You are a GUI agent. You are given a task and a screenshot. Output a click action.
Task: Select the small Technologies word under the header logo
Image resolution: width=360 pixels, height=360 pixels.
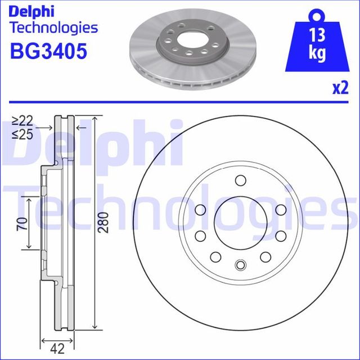tap(54, 28)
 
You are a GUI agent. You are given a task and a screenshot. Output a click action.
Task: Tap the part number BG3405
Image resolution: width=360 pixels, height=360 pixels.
tap(49, 52)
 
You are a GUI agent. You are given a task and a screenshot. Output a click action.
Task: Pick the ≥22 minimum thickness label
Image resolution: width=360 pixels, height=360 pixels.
tap(22, 121)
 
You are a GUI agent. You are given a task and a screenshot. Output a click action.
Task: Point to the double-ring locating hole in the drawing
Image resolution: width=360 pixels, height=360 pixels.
tap(240, 266)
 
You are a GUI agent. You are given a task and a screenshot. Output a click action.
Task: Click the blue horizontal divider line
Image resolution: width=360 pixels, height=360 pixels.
tap(180, 103)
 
